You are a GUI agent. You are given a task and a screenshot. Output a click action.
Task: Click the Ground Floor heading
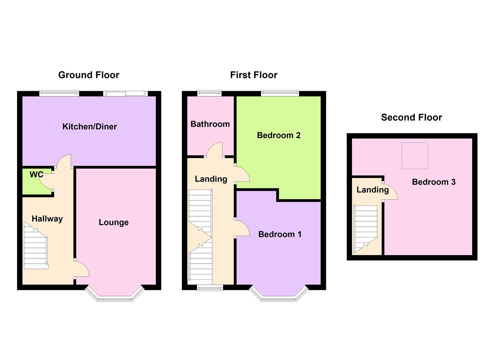coord(89,75)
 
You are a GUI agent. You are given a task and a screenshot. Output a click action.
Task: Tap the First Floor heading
coord(254,75)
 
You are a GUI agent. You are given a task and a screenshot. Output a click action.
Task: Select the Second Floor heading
coord(411,117)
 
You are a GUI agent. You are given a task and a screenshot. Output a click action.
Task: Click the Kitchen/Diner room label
coord(89,127)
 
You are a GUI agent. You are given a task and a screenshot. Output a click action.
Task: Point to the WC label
coord(36,175)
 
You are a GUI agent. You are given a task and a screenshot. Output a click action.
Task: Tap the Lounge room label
coord(114,222)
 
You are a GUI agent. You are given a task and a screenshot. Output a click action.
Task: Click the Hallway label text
coord(47,219)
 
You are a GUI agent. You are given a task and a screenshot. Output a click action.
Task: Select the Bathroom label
coord(210,124)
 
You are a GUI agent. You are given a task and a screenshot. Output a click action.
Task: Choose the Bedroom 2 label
coord(279,135)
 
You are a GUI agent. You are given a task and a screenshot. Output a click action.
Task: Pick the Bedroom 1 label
coord(280,234)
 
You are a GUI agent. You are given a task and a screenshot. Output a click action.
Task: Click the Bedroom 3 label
coord(434,182)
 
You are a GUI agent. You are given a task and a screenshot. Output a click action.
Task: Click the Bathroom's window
coord(209,93)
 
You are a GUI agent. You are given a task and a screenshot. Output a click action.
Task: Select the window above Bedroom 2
coord(280,93)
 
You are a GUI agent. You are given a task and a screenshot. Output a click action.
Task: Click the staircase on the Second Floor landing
coord(366,229)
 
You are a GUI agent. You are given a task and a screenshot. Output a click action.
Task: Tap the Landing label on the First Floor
coord(211,179)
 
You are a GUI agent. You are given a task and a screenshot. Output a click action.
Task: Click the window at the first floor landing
coord(210,288)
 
